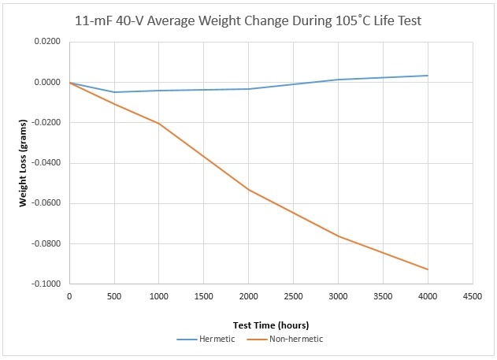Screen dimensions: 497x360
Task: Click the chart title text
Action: pos(248,21)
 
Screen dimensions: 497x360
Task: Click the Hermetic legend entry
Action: pos(206,339)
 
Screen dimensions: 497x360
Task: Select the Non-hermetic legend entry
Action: pos(284,339)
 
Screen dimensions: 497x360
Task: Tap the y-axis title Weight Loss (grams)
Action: pos(23,163)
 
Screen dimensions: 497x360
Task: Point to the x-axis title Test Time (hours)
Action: pos(271,325)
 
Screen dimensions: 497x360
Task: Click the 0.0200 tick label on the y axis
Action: pos(47,42)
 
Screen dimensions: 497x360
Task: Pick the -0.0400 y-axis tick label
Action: pos(46,163)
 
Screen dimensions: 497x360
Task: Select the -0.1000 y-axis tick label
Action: pos(46,284)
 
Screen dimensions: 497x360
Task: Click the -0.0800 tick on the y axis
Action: pos(46,243)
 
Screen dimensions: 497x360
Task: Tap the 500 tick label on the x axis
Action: pos(114,297)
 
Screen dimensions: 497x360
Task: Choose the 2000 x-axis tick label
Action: pos(249,297)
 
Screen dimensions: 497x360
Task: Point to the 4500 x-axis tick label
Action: pos(473,297)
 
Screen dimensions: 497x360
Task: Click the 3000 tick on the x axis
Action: pos(338,297)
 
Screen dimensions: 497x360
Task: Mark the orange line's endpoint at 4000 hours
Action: pos(428,269)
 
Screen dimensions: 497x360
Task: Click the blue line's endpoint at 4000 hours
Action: pos(428,76)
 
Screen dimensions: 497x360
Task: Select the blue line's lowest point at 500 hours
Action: pos(114,92)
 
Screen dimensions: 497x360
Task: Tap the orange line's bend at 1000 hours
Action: pos(159,123)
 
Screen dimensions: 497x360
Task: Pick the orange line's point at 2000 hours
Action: pos(249,190)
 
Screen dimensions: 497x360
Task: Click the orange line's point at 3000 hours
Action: pos(338,236)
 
